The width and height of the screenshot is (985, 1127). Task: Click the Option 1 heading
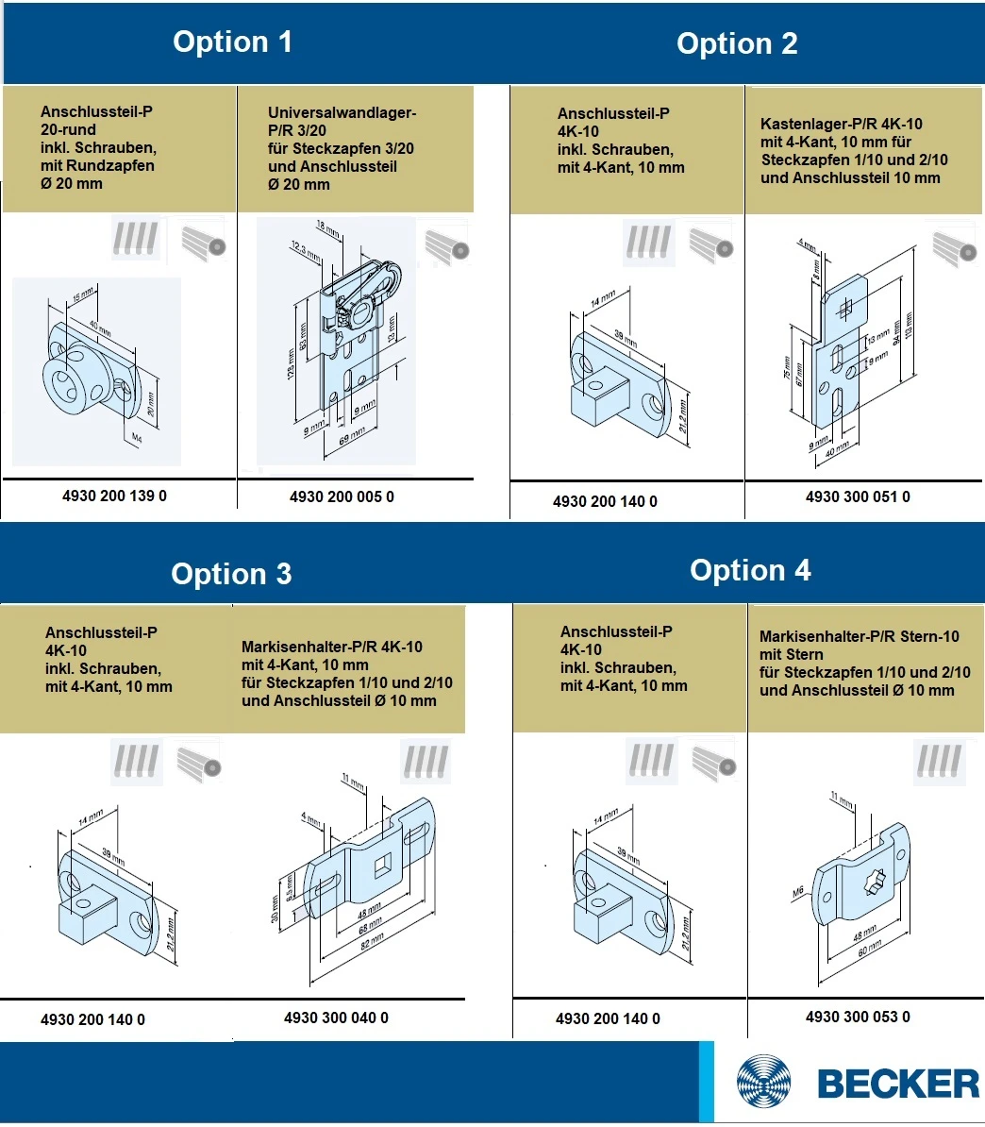coord(232,42)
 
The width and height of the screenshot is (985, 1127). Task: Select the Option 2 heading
coord(737,43)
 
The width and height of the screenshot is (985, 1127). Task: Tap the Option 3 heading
coord(231,574)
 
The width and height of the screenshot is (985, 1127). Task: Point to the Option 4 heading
coord(750,570)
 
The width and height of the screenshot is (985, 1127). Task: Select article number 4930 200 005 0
coord(342,496)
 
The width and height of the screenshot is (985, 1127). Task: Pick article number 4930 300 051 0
coord(858,496)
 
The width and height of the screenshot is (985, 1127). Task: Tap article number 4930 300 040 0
coord(336,1018)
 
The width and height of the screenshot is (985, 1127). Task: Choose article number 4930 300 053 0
coord(858,1017)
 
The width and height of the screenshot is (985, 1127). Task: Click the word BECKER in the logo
coord(898,1084)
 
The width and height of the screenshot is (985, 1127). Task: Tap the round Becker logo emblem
coord(765,1084)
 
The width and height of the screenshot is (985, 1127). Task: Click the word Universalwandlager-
coord(342,113)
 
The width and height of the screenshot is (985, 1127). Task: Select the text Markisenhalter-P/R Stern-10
coord(859,636)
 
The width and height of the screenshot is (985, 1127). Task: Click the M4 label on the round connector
coord(136,438)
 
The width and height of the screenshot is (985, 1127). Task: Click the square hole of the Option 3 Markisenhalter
coord(382,865)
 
